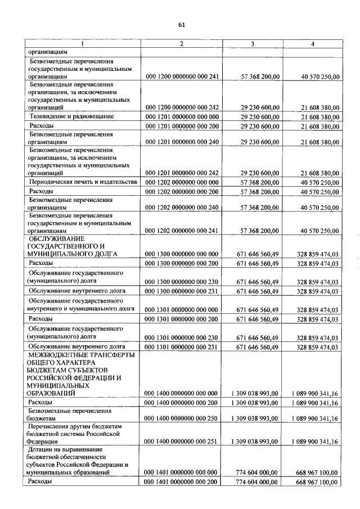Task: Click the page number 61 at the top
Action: click(x=181, y=25)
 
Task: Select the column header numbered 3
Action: click(x=252, y=44)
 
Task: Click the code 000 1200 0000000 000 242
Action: click(x=181, y=106)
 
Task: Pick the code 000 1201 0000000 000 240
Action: click(x=181, y=142)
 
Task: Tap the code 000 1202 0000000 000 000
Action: click(x=181, y=182)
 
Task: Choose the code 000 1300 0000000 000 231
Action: click(x=181, y=291)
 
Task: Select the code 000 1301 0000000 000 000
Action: click(x=181, y=309)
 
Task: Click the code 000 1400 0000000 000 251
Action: click(x=181, y=442)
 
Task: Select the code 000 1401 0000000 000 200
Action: click(x=181, y=483)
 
